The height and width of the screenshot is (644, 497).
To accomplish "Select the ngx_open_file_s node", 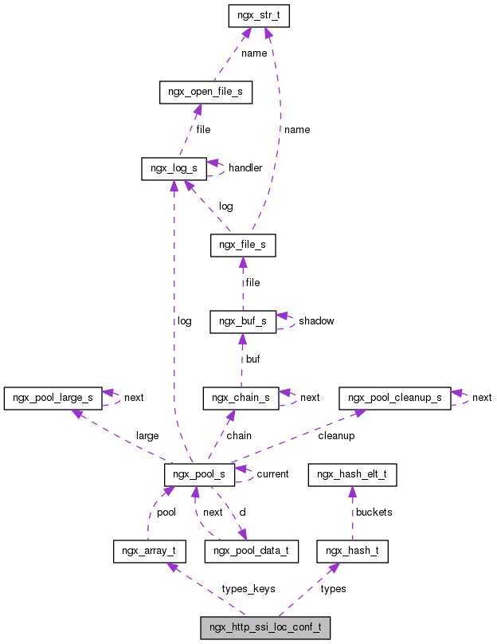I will click(x=205, y=92).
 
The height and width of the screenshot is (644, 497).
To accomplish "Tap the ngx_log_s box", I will click(x=174, y=168).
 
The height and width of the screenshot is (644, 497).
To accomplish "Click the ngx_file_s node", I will click(x=243, y=245).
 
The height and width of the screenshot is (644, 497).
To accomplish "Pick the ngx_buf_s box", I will click(x=243, y=321).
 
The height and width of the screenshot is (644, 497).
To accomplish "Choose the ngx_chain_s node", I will click(x=241, y=398).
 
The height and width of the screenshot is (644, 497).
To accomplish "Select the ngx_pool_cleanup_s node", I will click(x=394, y=398).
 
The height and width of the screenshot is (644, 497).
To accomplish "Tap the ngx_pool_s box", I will click(x=199, y=474).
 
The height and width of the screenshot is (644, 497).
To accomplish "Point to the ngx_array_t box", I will click(x=149, y=551).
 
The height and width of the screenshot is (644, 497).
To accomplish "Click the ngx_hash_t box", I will click(x=352, y=551).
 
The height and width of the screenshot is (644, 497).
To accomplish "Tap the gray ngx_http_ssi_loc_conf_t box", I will click(x=264, y=627).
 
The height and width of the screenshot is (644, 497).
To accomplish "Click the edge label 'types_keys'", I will click(x=248, y=589).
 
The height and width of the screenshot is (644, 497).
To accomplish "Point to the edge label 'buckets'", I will click(x=374, y=512).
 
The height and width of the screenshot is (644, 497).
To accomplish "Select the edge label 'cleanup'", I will click(x=336, y=436).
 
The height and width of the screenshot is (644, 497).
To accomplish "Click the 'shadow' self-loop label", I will click(x=316, y=321).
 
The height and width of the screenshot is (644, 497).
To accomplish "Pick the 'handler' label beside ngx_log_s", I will click(x=245, y=168).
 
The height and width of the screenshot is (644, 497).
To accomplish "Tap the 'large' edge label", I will click(x=147, y=436).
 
